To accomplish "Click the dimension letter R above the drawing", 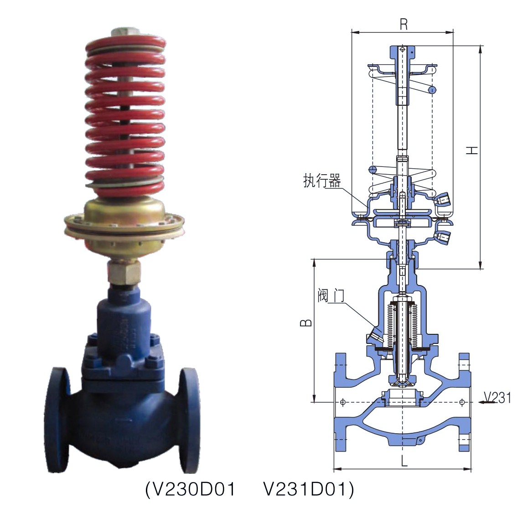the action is [x=403, y=24].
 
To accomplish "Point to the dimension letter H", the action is [x=472, y=150].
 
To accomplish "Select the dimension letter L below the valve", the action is [x=404, y=461].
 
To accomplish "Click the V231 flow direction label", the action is [x=497, y=397].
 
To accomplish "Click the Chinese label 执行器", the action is [x=322, y=181].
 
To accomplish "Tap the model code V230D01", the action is [x=191, y=489].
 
